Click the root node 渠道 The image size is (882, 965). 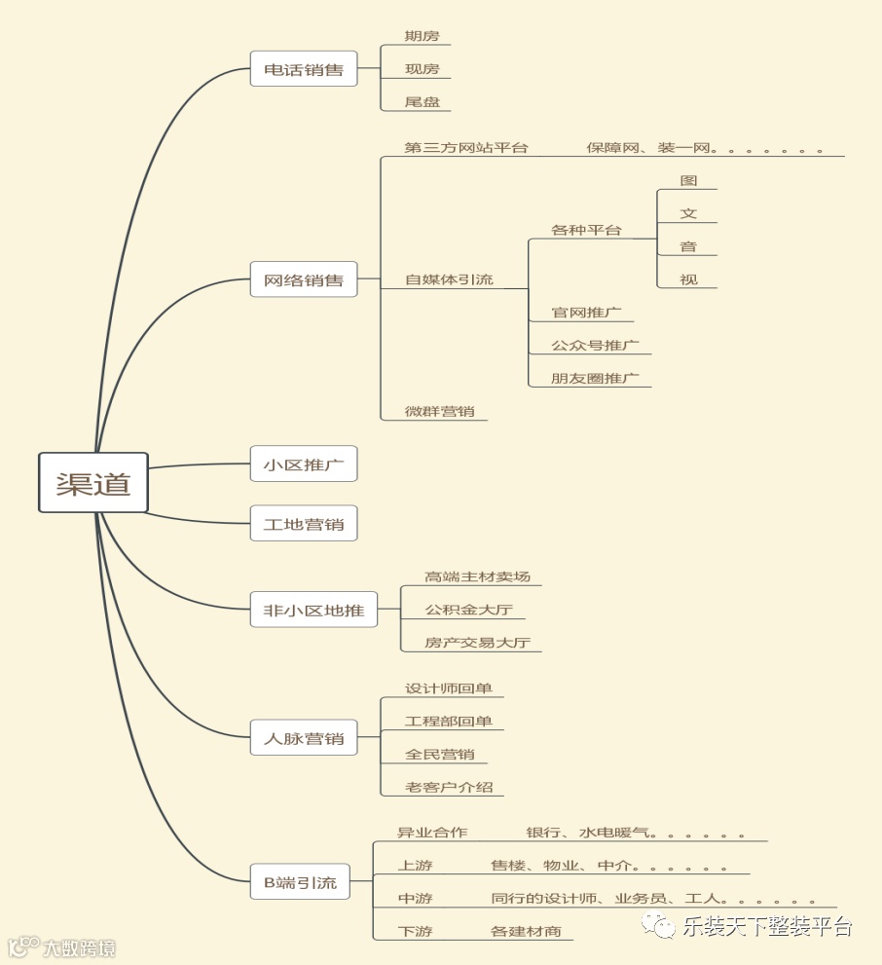93,483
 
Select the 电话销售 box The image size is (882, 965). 304,70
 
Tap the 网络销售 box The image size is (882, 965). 304,279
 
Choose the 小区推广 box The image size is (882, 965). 304,464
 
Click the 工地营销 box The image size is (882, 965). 304,524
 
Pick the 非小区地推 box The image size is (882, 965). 313,610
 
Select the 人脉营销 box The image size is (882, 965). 304,738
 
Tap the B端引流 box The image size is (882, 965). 300,882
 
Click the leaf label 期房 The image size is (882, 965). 422,37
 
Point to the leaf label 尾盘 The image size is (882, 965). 422,101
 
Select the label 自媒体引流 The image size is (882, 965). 449,279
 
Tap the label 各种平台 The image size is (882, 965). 586,231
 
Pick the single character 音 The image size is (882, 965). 688,246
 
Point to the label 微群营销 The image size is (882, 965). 439,411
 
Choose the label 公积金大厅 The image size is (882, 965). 468,611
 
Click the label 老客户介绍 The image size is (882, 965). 449,787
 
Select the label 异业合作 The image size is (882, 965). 432,833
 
